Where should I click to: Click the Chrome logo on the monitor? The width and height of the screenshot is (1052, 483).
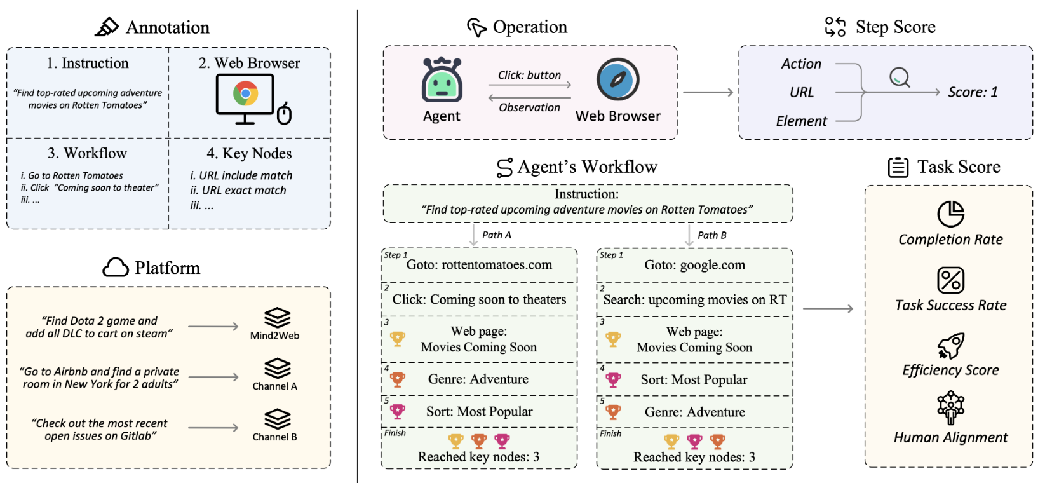pyautogui.click(x=245, y=93)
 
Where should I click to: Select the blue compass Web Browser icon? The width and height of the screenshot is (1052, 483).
pyautogui.click(x=617, y=79)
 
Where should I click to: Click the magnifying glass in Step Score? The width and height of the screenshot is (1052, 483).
pyautogui.click(x=900, y=78)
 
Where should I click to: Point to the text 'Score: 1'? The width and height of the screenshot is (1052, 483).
pyautogui.click(x=973, y=92)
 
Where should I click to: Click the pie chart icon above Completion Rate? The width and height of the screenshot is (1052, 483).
pyautogui.click(x=950, y=214)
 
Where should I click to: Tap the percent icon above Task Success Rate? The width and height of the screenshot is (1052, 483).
pyautogui.click(x=950, y=280)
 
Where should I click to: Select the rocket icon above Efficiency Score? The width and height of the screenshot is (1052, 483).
pyautogui.click(x=950, y=346)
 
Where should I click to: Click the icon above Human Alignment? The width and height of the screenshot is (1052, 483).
pyautogui.click(x=950, y=407)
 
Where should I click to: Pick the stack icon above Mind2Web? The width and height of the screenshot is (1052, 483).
pyautogui.click(x=277, y=318)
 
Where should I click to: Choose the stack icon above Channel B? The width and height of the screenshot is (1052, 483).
pyautogui.click(x=277, y=419)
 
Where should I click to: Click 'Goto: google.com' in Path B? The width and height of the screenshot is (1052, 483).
pyautogui.click(x=694, y=265)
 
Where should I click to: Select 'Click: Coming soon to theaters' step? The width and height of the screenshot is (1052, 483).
pyautogui.click(x=479, y=299)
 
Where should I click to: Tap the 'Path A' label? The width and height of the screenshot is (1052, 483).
pyautogui.click(x=496, y=235)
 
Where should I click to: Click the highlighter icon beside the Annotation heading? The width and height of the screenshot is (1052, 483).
pyautogui.click(x=107, y=27)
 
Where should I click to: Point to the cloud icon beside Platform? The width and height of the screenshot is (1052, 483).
pyautogui.click(x=116, y=268)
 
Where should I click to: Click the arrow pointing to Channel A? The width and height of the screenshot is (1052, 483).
pyautogui.click(x=213, y=377)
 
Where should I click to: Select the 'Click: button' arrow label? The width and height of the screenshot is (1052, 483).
pyautogui.click(x=529, y=75)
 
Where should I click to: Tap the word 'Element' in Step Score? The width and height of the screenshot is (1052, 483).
pyautogui.click(x=801, y=121)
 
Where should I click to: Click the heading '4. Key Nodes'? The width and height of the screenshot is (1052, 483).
pyautogui.click(x=249, y=153)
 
